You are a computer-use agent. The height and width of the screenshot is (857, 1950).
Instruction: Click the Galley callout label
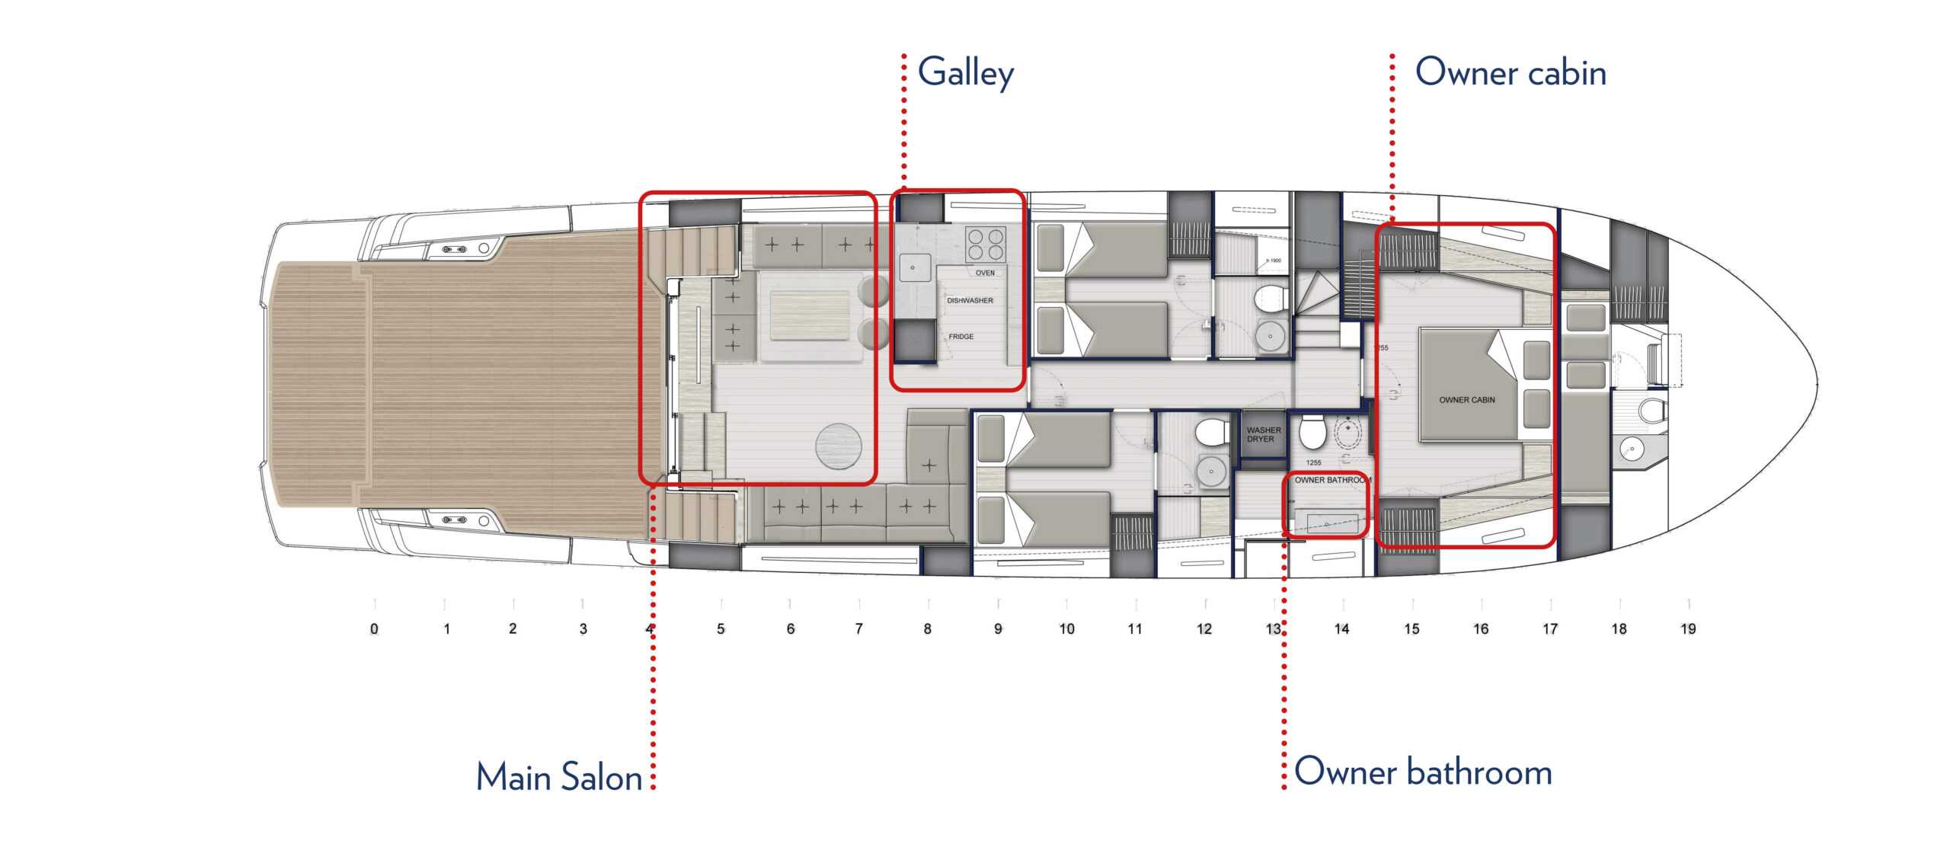[965, 73]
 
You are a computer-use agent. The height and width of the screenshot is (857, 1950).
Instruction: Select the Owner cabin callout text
[1510, 73]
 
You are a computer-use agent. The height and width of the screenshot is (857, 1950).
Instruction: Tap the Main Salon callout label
[558, 777]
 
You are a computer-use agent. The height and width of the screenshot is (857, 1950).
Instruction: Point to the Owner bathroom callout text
[1423, 772]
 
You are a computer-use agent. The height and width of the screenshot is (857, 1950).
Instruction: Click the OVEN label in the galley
[985, 273]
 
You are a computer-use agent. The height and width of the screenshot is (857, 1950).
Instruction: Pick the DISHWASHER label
[970, 301]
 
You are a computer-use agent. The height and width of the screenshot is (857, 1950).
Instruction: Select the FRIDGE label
[961, 337]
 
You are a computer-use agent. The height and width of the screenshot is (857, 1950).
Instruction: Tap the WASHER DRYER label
[1263, 435]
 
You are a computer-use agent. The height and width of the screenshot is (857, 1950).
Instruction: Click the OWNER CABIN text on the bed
[1466, 400]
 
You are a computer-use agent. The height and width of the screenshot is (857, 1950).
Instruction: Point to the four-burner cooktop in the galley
[985, 244]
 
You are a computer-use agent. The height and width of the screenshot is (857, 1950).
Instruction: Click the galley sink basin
[914, 267]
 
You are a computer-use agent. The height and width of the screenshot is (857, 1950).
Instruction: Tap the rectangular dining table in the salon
[809, 315]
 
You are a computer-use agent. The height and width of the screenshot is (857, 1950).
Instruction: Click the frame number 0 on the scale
[374, 629]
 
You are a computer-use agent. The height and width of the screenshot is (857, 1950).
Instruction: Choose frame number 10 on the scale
[1066, 629]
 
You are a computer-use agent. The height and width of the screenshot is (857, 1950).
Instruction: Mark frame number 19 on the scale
[1688, 629]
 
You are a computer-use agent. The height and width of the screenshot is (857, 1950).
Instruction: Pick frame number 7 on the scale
[858, 629]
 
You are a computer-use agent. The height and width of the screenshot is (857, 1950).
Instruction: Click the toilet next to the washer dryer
[1312, 431]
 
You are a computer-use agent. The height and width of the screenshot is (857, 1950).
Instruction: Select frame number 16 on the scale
[1480, 629]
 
